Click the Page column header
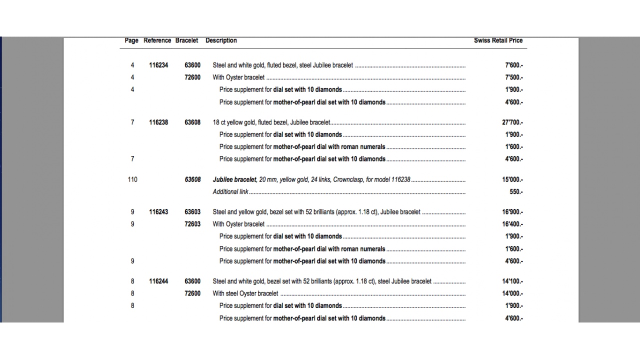click(131, 40)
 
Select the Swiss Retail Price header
click(498, 40)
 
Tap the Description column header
click(221, 40)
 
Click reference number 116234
click(158, 65)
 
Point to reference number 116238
click(158, 122)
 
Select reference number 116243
click(158, 212)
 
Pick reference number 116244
click(158, 281)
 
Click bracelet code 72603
click(192, 224)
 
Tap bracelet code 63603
click(192, 212)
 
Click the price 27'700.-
click(513, 122)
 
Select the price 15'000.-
click(513, 179)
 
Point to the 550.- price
click(516, 192)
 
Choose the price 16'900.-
click(513, 212)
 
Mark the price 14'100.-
click(513, 281)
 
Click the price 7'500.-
click(514, 77)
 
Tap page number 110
click(132, 179)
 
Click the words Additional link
click(230, 192)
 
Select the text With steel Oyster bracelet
click(245, 293)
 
